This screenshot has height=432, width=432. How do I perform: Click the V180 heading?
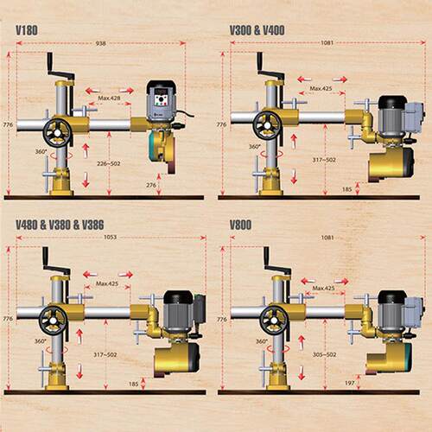(x=27, y=30)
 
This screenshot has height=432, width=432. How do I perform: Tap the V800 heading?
(x=240, y=225)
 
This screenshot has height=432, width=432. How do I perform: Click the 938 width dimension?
(x=100, y=43)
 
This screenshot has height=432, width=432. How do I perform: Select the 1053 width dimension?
(x=110, y=238)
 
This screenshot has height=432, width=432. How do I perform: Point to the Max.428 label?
(x=109, y=98)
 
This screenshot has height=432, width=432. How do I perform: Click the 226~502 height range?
(x=109, y=163)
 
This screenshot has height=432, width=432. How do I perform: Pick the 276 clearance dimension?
(x=151, y=185)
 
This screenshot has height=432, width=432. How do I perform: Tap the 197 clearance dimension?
(x=349, y=383)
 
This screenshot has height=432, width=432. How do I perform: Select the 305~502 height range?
(x=324, y=354)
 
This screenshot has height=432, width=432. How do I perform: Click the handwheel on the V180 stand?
(x=57, y=132)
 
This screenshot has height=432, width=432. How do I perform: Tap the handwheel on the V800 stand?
(x=274, y=321)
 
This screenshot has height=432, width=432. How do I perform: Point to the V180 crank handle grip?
(x=50, y=61)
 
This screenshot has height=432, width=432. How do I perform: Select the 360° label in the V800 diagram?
(x=261, y=341)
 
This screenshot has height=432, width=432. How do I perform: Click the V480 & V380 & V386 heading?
(x=60, y=225)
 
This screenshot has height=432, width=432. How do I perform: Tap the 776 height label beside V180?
(x=8, y=124)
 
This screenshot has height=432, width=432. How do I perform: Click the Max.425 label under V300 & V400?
(x=321, y=88)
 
